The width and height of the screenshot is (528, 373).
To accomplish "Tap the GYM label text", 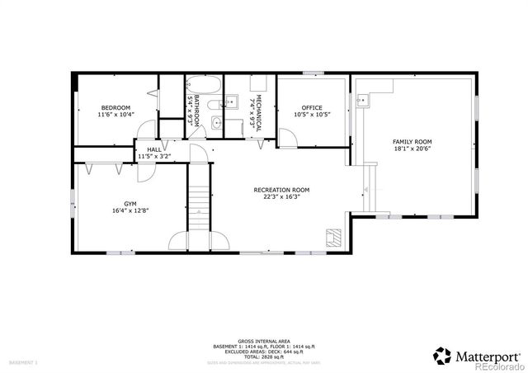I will (x=130, y=202).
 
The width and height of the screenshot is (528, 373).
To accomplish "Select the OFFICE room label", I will (x=312, y=108).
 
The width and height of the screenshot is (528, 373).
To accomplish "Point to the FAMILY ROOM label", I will (x=412, y=142).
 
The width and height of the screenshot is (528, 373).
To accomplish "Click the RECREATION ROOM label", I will (x=281, y=190).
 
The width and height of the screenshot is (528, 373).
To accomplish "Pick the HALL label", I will (x=153, y=149).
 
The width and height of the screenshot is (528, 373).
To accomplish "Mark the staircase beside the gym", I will (x=198, y=198).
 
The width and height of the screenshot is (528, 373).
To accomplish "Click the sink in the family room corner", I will (x=362, y=100).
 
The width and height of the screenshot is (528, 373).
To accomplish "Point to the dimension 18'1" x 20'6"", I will (x=412, y=149).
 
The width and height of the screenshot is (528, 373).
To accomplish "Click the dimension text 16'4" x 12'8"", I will (x=130, y=210).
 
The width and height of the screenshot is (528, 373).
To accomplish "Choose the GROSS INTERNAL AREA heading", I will (x=264, y=340).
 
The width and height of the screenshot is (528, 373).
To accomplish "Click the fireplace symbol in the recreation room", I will (x=333, y=238).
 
